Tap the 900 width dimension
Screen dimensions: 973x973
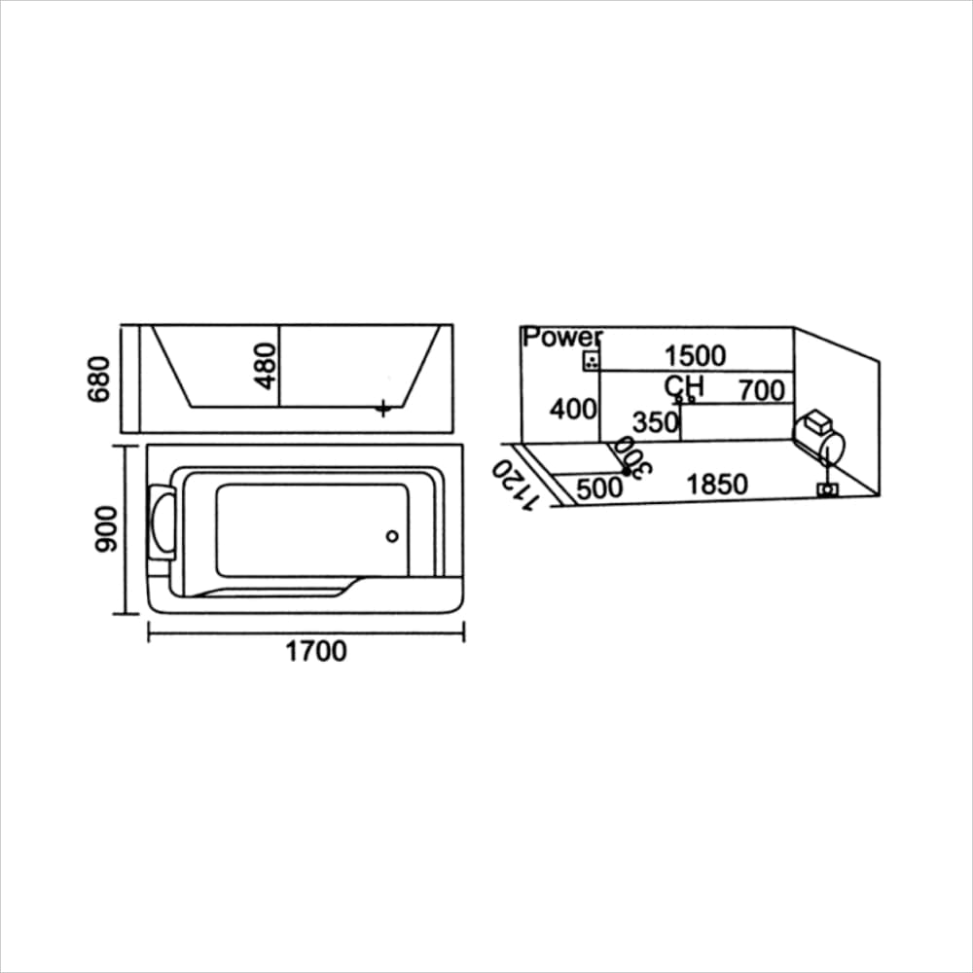point(105,530)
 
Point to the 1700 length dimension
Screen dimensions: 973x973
point(315,651)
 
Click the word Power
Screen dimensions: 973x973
point(562,338)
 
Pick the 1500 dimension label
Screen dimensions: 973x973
point(695,356)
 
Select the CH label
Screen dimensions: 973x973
point(685,386)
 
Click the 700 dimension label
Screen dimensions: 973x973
point(760,390)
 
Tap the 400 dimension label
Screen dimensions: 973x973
point(573,410)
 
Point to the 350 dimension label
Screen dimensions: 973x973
point(655,423)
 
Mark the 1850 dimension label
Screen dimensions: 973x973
point(717,485)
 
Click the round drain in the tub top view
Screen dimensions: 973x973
point(393,535)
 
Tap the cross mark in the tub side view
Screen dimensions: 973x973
point(384,409)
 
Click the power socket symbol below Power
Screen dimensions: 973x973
point(590,362)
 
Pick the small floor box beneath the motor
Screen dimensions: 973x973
point(828,489)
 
